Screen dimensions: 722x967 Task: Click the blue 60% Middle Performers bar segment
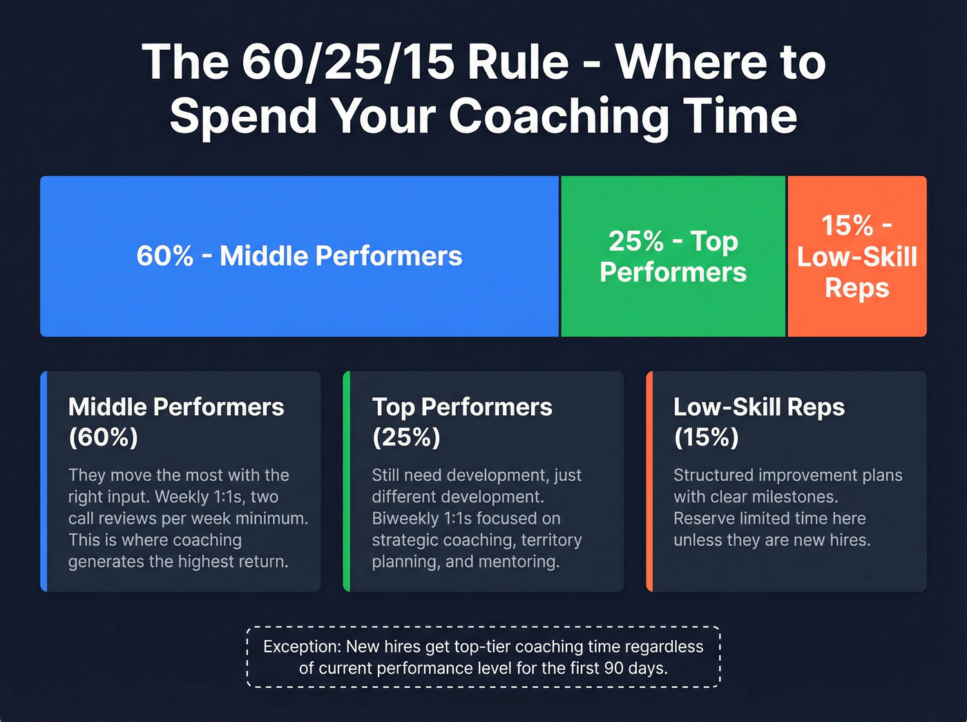(299, 256)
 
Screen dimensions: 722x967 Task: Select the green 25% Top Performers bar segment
(673, 256)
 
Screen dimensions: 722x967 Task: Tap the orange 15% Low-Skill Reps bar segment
(856, 256)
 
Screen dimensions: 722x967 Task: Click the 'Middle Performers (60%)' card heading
(175, 421)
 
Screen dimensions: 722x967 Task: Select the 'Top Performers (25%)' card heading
(461, 421)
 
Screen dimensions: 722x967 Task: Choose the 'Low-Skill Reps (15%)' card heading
(758, 421)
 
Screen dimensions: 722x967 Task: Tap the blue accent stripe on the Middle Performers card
(44, 481)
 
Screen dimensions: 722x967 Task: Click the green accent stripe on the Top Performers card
(347, 481)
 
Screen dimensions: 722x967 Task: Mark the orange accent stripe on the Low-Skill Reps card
(649, 481)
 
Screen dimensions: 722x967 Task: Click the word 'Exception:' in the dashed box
(302, 647)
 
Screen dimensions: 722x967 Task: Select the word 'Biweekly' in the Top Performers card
(405, 518)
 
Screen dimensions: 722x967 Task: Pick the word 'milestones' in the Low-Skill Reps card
(794, 497)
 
